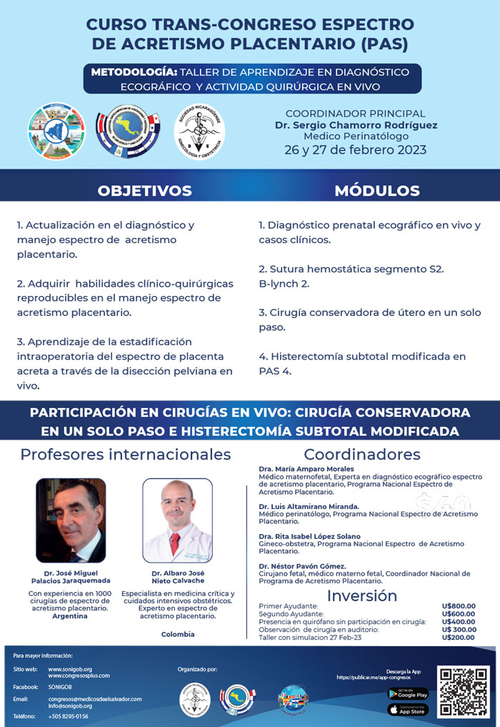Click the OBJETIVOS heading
point(144,191)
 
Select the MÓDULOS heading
point(376,191)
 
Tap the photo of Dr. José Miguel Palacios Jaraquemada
point(71,520)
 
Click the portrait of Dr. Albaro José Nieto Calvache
point(178,520)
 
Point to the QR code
point(464,692)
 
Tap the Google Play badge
point(407,693)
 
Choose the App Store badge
point(407,710)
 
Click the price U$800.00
point(458,606)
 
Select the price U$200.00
point(458,638)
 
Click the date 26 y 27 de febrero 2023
point(355,150)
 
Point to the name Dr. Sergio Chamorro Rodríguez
point(355,125)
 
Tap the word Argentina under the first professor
point(70,616)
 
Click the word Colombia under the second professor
point(178,634)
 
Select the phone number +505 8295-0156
point(69,716)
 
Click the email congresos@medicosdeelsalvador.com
point(95,698)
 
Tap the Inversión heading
point(361,595)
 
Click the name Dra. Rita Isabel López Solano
point(309,536)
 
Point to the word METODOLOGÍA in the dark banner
point(134,72)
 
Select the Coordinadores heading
point(361,455)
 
